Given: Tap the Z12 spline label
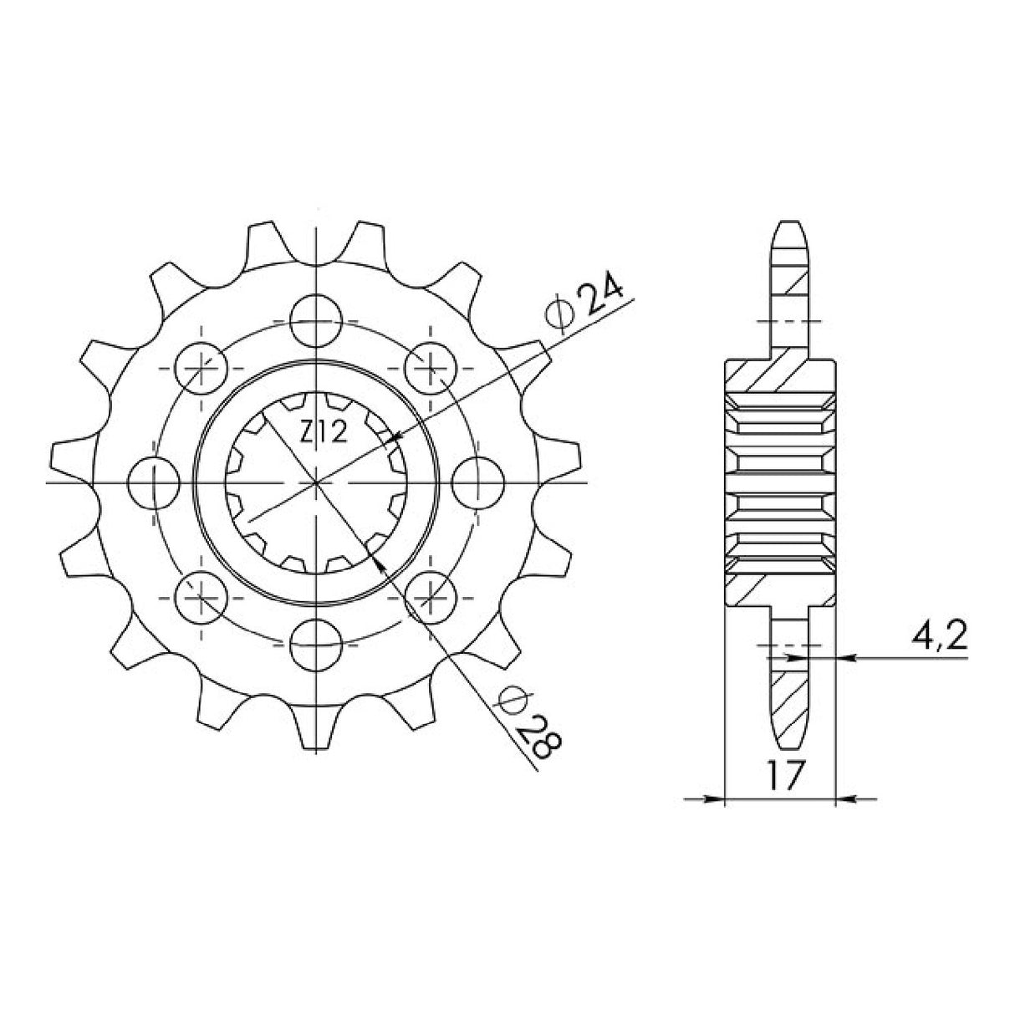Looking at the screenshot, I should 318,431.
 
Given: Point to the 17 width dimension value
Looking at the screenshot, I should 780,775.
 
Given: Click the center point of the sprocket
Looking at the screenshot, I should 318,483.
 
